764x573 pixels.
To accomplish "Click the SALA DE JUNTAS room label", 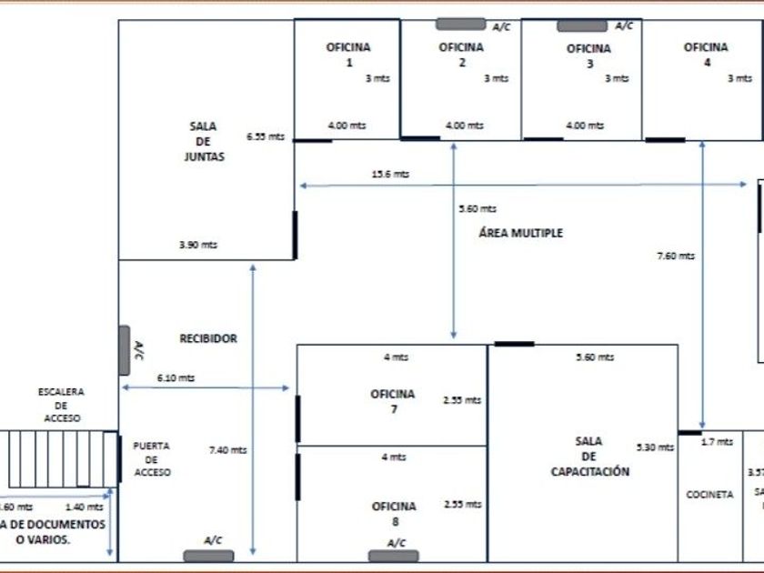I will [x=203, y=141].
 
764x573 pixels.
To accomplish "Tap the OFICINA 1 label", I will [x=348, y=55].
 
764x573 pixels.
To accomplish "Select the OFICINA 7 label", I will [x=393, y=401].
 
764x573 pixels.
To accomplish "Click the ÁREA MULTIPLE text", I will [x=521, y=233].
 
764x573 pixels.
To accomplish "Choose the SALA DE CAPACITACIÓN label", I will [x=589, y=457].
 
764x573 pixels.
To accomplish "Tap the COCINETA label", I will [x=709, y=495].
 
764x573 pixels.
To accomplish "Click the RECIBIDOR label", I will [x=208, y=338].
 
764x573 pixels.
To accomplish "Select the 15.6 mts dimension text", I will [x=390, y=174].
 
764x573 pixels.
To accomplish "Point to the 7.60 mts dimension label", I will [x=676, y=256].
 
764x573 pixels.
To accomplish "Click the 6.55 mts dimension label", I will [x=265, y=136].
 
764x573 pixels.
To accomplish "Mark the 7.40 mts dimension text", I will [x=227, y=449].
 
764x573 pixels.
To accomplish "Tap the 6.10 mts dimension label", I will [x=176, y=377].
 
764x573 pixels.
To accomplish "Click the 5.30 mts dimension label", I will [x=656, y=447].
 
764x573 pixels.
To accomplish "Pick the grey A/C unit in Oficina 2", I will [x=460, y=25].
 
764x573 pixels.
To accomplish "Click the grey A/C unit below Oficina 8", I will [x=394, y=555].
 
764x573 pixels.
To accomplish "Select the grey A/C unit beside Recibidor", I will [x=124, y=350].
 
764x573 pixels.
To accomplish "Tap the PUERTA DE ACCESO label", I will [x=152, y=459].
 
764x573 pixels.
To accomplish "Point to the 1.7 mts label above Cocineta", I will [x=717, y=442].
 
